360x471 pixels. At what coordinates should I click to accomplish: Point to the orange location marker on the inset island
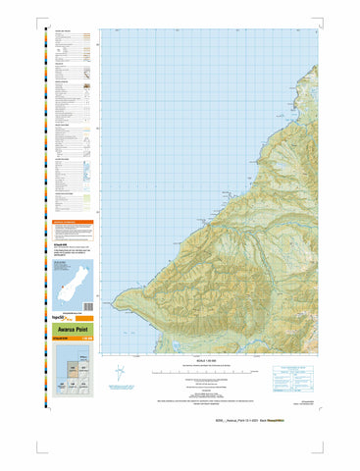click(x=58, y=271)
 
